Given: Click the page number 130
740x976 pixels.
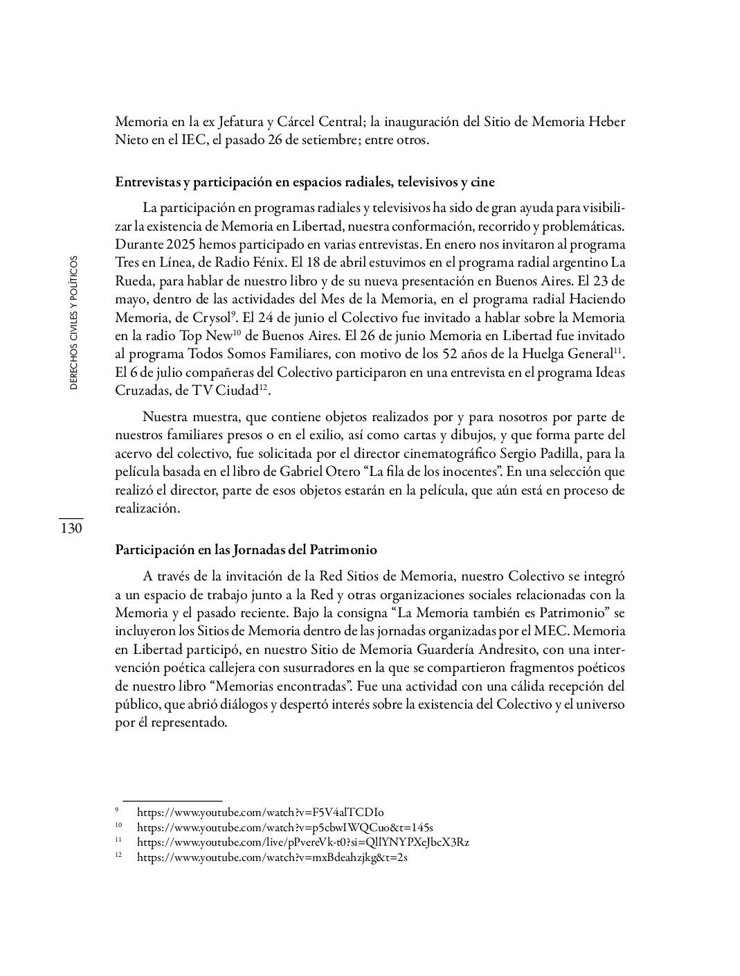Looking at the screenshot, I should [x=71, y=529].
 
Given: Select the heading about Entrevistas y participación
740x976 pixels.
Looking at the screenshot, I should [x=305, y=183].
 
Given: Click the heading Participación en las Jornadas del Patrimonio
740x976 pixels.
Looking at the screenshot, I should [x=246, y=550].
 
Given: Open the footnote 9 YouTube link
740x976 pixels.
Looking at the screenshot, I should [x=260, y=813].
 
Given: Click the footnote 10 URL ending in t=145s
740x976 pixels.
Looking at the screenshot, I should [x=285, y=828].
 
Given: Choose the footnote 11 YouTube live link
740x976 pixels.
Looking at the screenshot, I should [x=303, y=842].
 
